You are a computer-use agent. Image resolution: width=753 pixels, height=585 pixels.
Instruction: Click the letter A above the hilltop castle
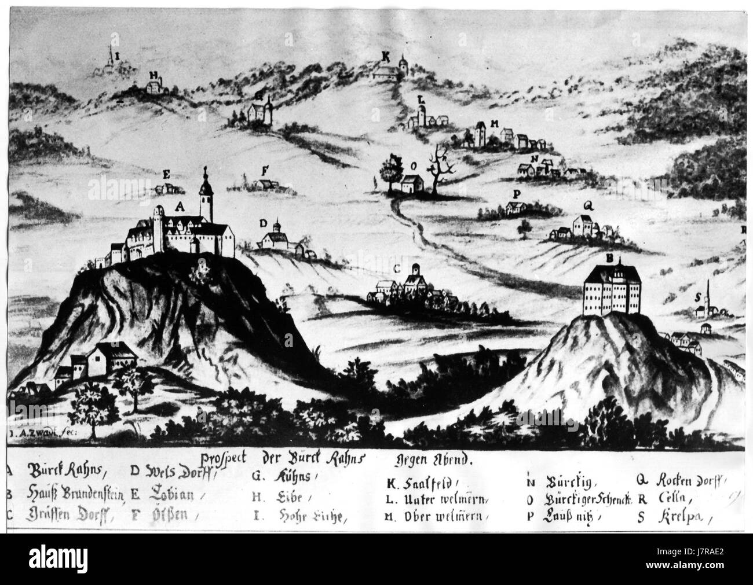coord(179,206)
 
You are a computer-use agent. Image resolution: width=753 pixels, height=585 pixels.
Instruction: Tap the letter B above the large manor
coord(608,258)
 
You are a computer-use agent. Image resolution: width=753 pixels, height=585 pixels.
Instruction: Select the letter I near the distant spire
coord(118,56)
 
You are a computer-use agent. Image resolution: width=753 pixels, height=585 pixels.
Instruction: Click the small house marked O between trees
coord(412,184)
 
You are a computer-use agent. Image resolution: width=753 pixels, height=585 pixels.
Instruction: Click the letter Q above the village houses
coord(587,204)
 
